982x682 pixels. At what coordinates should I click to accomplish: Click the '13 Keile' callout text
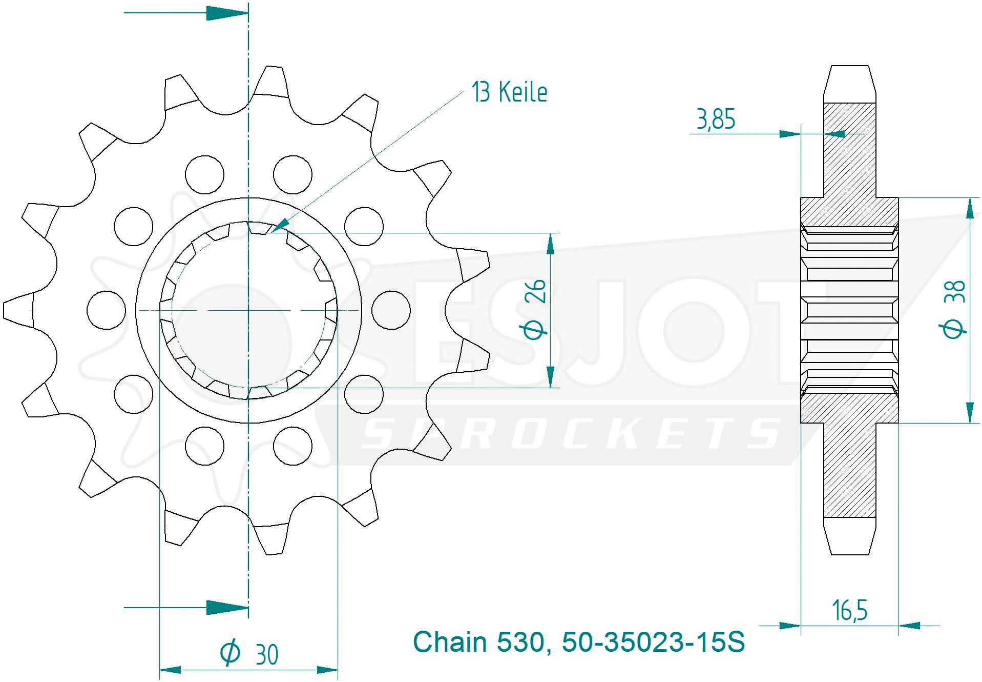[x=509, y=93]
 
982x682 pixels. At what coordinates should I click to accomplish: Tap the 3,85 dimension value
[x=716, y=119]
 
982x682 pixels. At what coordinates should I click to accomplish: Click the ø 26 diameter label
[x=536, y=309]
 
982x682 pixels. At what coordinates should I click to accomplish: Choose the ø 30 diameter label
[x=249, y=653]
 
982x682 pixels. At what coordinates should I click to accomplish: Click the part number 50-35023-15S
[x=653, y=642]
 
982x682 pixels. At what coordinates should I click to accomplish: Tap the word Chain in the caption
[x=450, y=642]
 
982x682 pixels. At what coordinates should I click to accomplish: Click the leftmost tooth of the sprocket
[x=18, y=310]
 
